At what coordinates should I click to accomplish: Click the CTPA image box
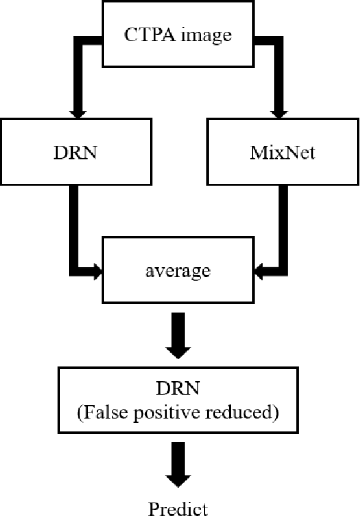coord(178,34)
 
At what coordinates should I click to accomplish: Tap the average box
coord(178,269)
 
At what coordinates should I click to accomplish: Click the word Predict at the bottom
coord(178,508)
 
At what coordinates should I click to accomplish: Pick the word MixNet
coord(282,151)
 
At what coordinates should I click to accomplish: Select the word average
coord(178,270)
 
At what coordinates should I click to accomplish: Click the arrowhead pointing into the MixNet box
coord(279,113)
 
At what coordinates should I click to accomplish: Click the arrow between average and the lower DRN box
coord(178,336)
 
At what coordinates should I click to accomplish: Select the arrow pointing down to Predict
coord(178,468)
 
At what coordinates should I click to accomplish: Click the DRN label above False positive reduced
coord(178,389)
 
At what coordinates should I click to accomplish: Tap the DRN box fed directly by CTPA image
coord(75,151)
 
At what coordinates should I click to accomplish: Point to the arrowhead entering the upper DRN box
coord(77,113)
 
